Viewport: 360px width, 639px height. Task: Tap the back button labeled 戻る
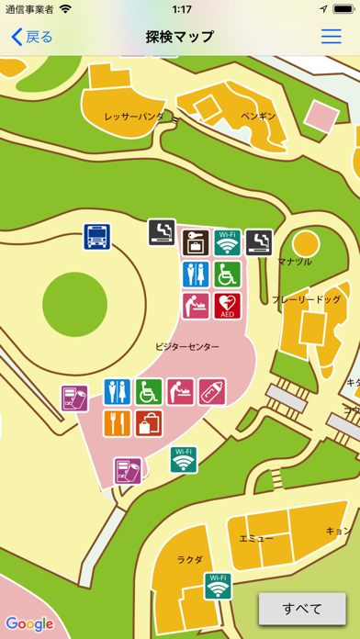coord(32,37)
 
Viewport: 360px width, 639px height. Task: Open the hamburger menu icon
coord(331,37)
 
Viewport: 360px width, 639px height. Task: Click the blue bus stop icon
coord(97,237)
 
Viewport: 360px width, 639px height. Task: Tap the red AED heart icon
coord(227,305)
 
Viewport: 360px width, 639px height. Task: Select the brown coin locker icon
coord(196,243)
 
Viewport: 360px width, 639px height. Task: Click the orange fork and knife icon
coord(117,422)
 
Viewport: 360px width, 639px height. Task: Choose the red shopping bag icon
coord(148,422)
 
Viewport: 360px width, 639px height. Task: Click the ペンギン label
coord(258,117)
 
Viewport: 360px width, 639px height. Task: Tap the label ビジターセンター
coord(187,346)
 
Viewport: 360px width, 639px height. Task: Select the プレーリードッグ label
coord(306,299)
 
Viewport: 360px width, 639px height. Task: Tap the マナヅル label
coord(294,262)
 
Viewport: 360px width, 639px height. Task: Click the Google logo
coord(29,623)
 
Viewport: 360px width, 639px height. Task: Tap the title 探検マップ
coord(180,37)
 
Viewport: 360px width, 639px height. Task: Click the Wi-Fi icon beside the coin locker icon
coord(227,243)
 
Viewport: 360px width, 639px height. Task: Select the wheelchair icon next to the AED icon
coord(227,274)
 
